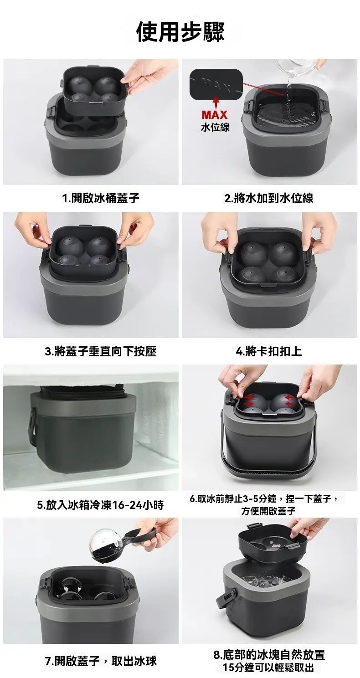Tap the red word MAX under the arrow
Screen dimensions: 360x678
point(215,115)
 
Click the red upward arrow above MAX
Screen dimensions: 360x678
point(215,103)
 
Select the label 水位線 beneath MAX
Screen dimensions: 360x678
point(215,127)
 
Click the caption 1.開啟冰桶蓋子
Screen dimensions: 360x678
point(101,198)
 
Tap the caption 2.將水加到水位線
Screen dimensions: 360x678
point(269,198)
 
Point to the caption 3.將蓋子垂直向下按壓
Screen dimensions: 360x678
point(101,351)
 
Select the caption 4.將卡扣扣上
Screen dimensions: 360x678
point(269,351)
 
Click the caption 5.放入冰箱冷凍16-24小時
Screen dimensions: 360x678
point(101,505)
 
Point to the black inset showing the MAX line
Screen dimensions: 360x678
point(216,84)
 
